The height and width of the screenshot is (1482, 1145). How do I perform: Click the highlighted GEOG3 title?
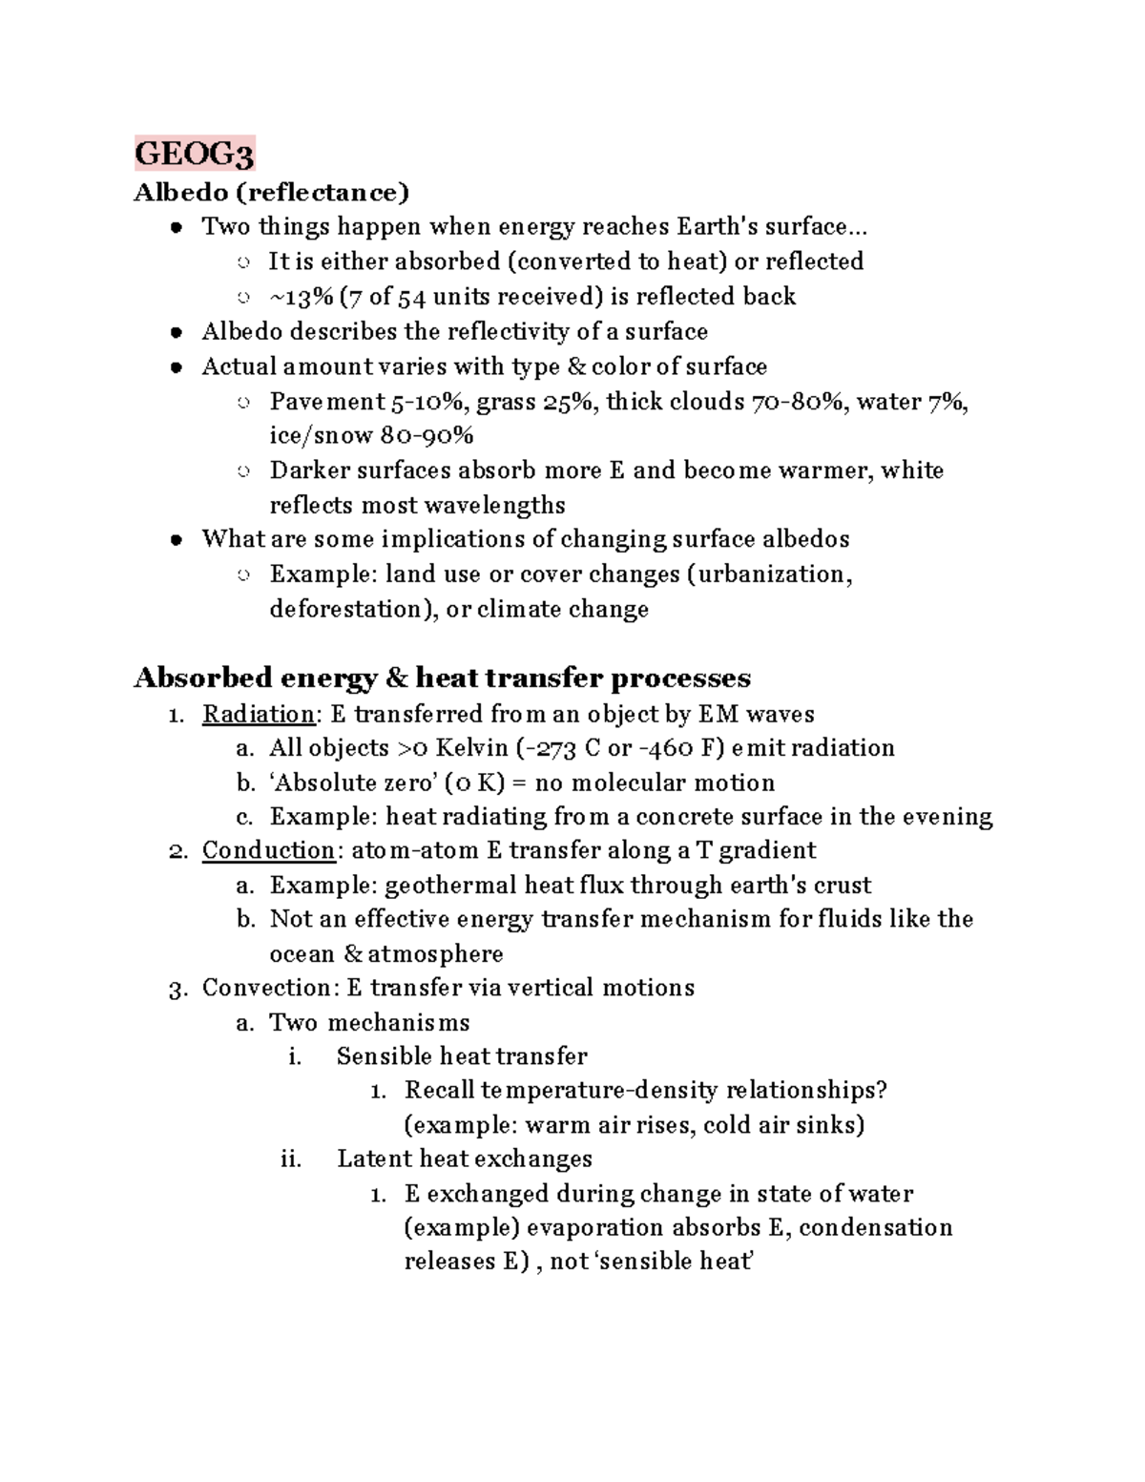(194, 154)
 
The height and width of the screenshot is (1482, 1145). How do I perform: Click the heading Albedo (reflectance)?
(271, 193)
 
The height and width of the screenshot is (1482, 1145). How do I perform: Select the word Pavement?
(327, 402)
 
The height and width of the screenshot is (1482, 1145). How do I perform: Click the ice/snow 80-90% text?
(371, 436)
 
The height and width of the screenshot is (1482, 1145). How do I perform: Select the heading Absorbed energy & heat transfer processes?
(442, 678)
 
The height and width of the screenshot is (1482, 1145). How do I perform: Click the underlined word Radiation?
(258, 714)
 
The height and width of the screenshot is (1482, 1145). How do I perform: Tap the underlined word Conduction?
(268, 850)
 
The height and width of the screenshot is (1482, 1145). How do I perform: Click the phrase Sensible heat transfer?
(462, 1056)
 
